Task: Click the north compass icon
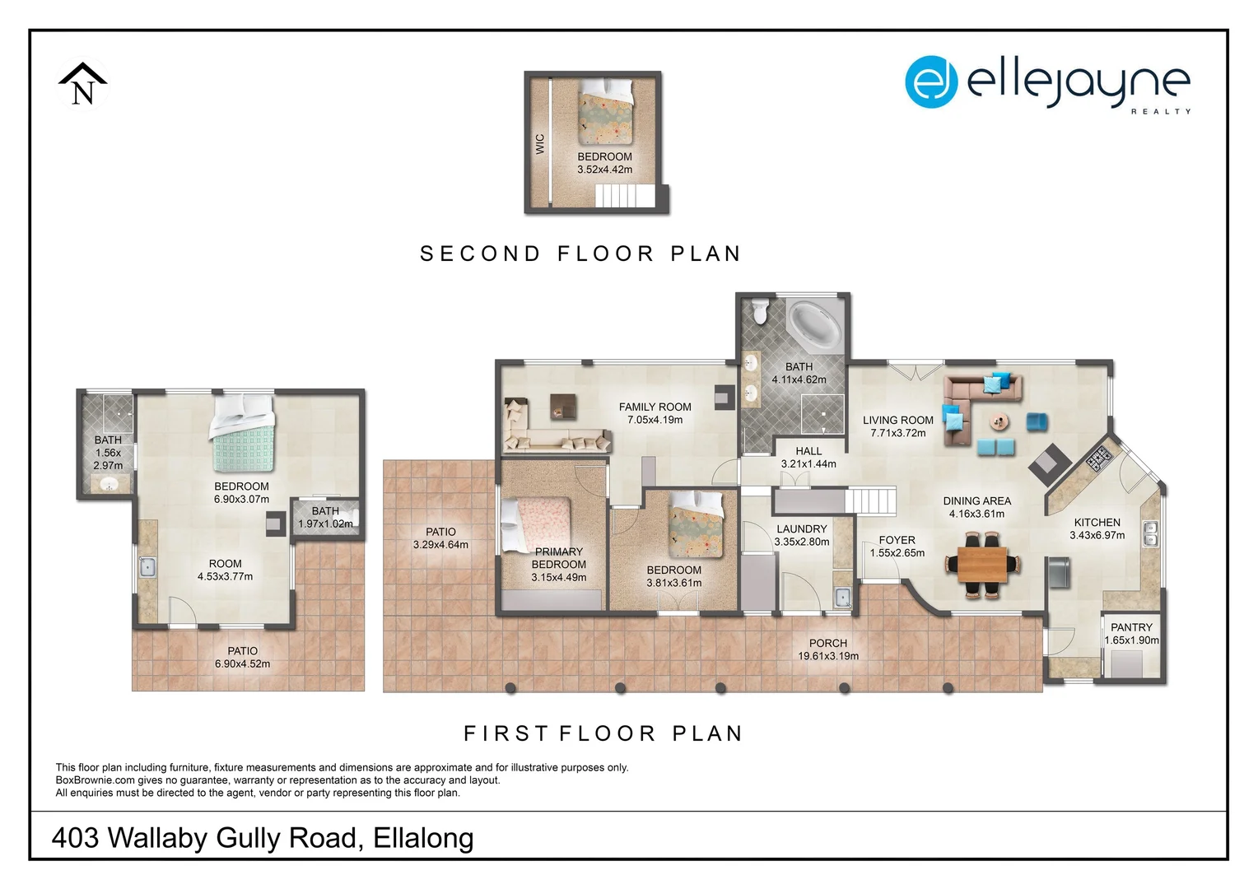pyautogui.click(x=82, y=85)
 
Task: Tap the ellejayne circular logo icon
pyautogui.click(x=931, y=82)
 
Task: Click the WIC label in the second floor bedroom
pyautogui.click(x=540, y=144)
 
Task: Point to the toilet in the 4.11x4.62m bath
pyautogui.click(x=759, y=310)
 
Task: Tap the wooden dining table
pyautogui.click(x=982, y=565)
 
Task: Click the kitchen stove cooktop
pyautogui.click(x=1098, y=458)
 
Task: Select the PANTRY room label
pyautogui.click(x=1131, y=627)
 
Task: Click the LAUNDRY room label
pyautogui.click(x=801, y=529)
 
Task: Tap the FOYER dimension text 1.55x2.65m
pyautogui.click(x=897, y=553)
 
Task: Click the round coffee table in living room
pyautogui.click(x=999, y=421)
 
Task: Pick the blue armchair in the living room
pyautogui.click(x=1037, y=421)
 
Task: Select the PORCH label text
pyautogui.click(x=827, y=644)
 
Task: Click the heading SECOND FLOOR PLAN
pyautogui.click(x=580, y=254)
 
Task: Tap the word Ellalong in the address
pyautogui.click(x=423, y=838)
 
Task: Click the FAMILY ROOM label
pyautogui.click(x=655, y=407)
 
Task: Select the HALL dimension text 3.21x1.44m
pyautogui.click(x=808, y=464)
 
